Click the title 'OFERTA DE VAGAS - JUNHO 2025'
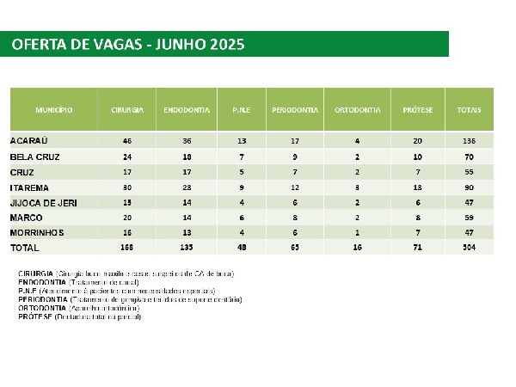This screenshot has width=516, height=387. point(128,45)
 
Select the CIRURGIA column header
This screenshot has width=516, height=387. point(127,111)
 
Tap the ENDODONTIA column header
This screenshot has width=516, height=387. point(181,111)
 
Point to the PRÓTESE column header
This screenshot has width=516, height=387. point(417,111)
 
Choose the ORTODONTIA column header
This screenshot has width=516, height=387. point(357,111)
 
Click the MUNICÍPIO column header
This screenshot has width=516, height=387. point(53,111)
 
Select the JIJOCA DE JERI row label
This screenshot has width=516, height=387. point(43,202)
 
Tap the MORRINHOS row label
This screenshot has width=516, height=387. point(38,233)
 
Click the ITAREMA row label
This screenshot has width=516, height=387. point(30,187)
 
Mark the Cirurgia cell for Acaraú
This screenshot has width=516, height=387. point(127,139)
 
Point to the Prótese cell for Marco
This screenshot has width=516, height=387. point(417,218)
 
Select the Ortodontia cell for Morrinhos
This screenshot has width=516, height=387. point(357,233)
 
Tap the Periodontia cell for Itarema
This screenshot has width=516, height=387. point(295,187)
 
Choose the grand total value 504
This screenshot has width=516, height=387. point(469,248)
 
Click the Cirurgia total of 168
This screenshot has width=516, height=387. point(127,248)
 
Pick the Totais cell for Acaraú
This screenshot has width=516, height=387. point(469,139)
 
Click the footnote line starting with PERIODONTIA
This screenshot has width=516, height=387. point(129,299)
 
